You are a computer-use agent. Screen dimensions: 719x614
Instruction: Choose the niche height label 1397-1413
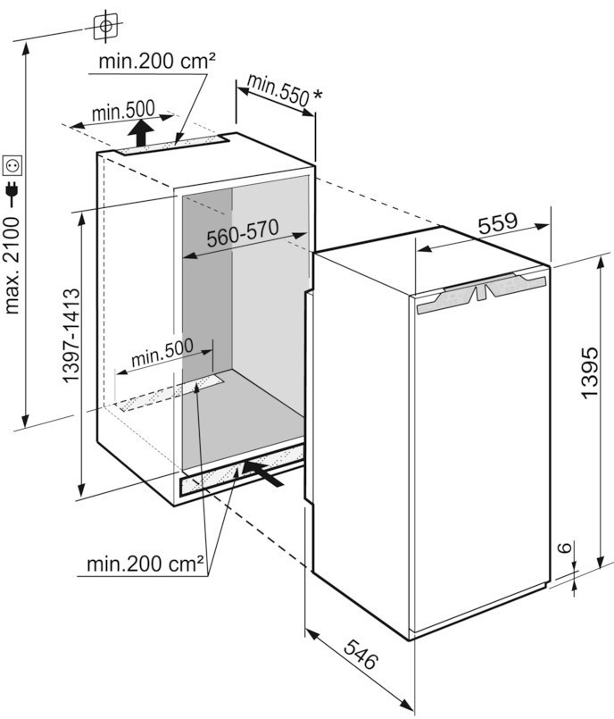coord(73,336)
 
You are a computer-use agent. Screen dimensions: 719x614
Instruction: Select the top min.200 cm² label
coord(158,63)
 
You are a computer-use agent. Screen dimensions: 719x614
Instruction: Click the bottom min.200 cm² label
coord(145,564)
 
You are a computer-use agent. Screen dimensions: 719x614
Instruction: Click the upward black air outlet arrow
coord(139,135)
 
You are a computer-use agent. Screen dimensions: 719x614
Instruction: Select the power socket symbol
coord(12,164)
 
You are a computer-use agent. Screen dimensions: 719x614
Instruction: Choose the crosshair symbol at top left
coord(106,25)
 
